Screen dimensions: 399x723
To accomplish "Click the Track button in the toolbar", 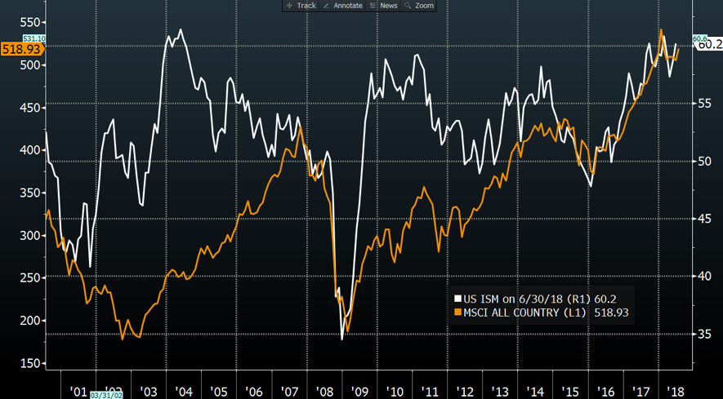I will tap(301, 6).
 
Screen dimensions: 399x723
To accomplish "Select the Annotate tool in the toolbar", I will tap(342, 6).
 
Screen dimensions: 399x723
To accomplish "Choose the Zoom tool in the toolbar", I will tap(419, 6).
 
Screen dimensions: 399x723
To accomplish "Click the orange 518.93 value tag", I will tap(21, 49).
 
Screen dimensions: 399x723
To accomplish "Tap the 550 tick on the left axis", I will tap(30, 23).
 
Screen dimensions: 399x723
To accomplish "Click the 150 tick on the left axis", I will tap(30, 363).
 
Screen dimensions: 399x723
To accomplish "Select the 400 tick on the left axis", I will tap(30, 150).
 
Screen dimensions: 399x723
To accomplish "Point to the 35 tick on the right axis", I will tap(703, 334).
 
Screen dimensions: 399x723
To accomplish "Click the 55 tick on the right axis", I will tap(703, 104).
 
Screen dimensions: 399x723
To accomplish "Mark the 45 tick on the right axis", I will tap(703, 219).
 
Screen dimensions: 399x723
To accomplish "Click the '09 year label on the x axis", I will tap(359, 392).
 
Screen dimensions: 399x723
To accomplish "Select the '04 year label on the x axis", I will tap(183, 392).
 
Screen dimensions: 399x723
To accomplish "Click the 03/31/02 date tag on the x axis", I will tap(107, 395).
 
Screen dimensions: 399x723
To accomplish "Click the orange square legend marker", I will tap(457, 312).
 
